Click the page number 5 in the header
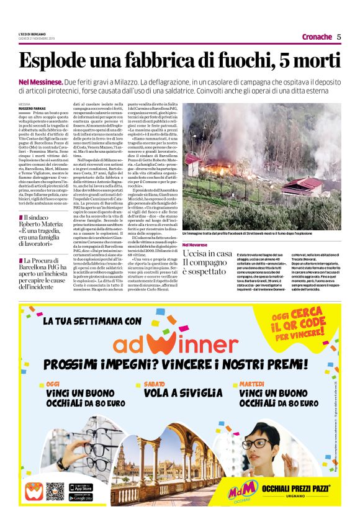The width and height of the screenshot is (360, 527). coord(339,37)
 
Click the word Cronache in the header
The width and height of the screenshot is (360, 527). coord(317,37)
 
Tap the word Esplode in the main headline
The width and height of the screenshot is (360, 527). coord(50,61)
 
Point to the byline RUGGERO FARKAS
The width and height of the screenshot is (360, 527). coord(32,108)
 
